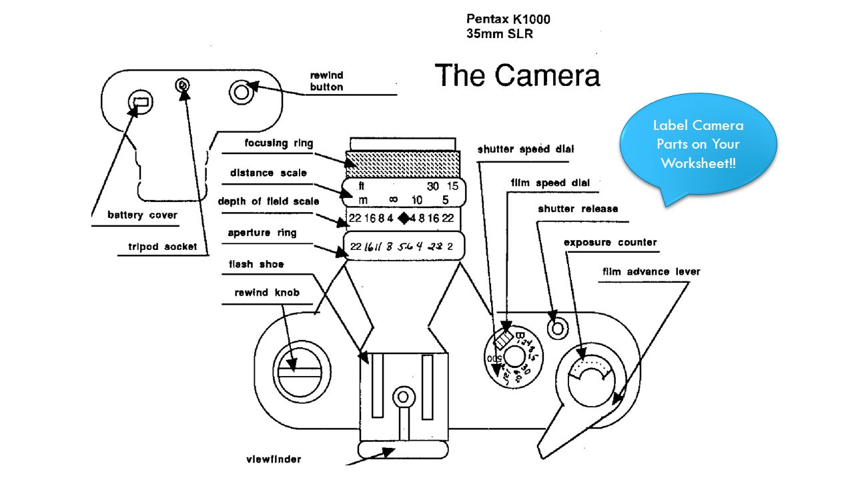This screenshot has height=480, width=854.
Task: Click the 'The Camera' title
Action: pyautogui.click(x=517, y=75)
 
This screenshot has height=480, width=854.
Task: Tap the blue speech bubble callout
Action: pyautogui.click(x=698, y=144)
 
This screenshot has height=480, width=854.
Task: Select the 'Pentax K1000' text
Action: pyautogui.click(x=508, y=19)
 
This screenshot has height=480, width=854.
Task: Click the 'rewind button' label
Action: pyautogui.click(x=327, y=81)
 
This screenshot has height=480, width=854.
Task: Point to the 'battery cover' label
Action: pyautogui.click(x=142, y=215)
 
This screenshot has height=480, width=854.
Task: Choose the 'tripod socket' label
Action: pyautogui.click(x=163, y=247)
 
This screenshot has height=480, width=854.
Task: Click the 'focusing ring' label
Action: pyautogui.click(x=278, y=143)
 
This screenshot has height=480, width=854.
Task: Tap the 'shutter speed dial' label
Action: pyautogui.click(x=526, y=149)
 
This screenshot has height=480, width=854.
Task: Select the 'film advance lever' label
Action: pyautogui.click(x=651, y=271)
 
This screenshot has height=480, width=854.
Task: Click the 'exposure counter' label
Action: pyautogui.click(x=610, y=242)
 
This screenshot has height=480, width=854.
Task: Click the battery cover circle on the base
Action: pyautogui.click(x=140, y=101)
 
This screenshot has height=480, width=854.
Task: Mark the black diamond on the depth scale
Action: pyautogui.click(x=403, y=218)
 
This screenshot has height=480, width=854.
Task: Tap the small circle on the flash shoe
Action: pyautogui.click(x=403, y=398)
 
